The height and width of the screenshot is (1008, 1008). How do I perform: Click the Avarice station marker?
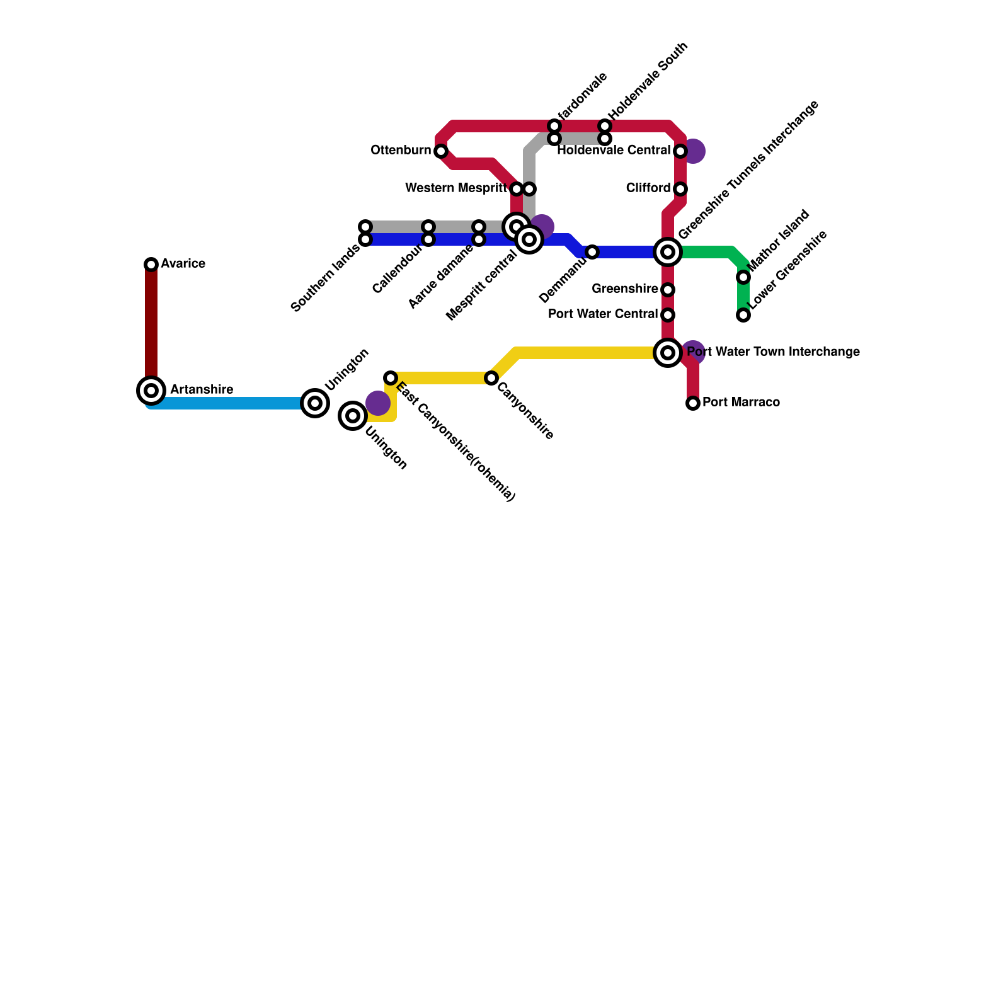[151, 265]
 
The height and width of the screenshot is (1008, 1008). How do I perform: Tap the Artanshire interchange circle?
[151, 391]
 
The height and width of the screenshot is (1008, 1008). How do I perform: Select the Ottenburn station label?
[401, 151]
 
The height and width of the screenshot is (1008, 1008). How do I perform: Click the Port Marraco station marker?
[693, 403]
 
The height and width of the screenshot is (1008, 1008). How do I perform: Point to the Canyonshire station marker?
[491, 378]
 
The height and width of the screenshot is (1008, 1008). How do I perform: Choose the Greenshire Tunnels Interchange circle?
[668, 252]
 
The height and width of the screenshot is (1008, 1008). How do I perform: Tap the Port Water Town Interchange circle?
[668, 353]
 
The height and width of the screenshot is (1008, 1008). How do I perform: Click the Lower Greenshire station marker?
[743, 315]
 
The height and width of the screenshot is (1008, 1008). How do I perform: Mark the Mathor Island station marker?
[743, 277]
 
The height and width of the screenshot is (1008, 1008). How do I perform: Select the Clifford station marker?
[680, 189]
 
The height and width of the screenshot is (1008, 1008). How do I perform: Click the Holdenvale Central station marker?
[680, 151]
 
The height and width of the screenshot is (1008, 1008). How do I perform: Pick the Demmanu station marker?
[592, 252]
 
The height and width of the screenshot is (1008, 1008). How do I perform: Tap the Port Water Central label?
[603, 314]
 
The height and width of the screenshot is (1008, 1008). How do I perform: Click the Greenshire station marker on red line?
[668, 290]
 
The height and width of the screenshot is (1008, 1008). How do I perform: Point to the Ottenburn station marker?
[441, 151]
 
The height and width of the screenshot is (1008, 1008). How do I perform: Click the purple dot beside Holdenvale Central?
[694, 151]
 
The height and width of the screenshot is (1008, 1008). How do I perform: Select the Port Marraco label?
[741, 403]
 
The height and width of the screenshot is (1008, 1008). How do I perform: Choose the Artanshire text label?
[202, 390]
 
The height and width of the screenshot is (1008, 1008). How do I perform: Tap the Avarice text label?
[183, 264]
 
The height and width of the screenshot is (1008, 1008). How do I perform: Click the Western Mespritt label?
[456, 188]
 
